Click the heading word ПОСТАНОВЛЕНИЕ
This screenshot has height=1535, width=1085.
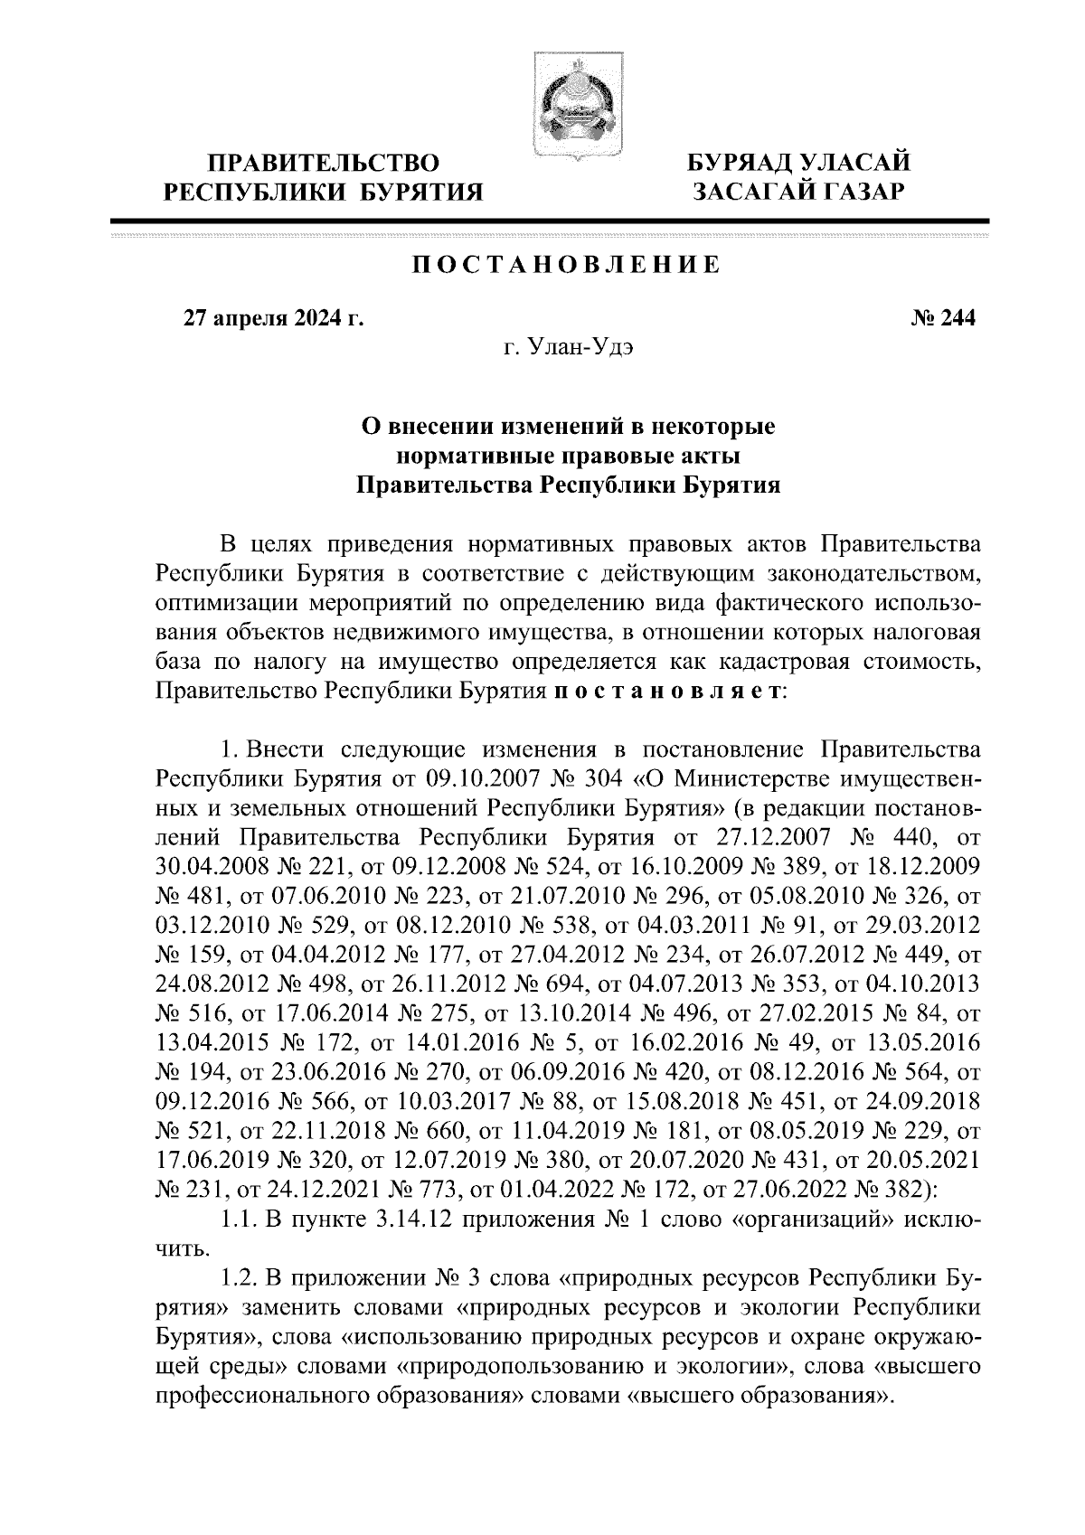[568, 265]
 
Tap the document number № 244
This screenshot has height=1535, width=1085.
[941, 318]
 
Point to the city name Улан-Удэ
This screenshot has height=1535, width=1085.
[588, 349]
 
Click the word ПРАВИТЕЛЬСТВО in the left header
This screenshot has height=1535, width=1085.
[323, 164]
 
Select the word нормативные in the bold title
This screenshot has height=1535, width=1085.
[485, 455]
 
